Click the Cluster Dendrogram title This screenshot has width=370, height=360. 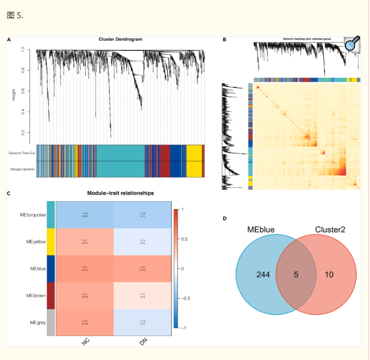[120, 39]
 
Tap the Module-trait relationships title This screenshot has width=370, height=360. [120, 193]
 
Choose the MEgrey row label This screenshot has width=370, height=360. [37, 322]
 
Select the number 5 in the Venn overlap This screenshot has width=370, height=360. [296, 275]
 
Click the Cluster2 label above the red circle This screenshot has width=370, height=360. [330, 229]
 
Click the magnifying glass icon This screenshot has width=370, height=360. [352, 45]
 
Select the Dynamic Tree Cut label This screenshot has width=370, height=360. [22, 153]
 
